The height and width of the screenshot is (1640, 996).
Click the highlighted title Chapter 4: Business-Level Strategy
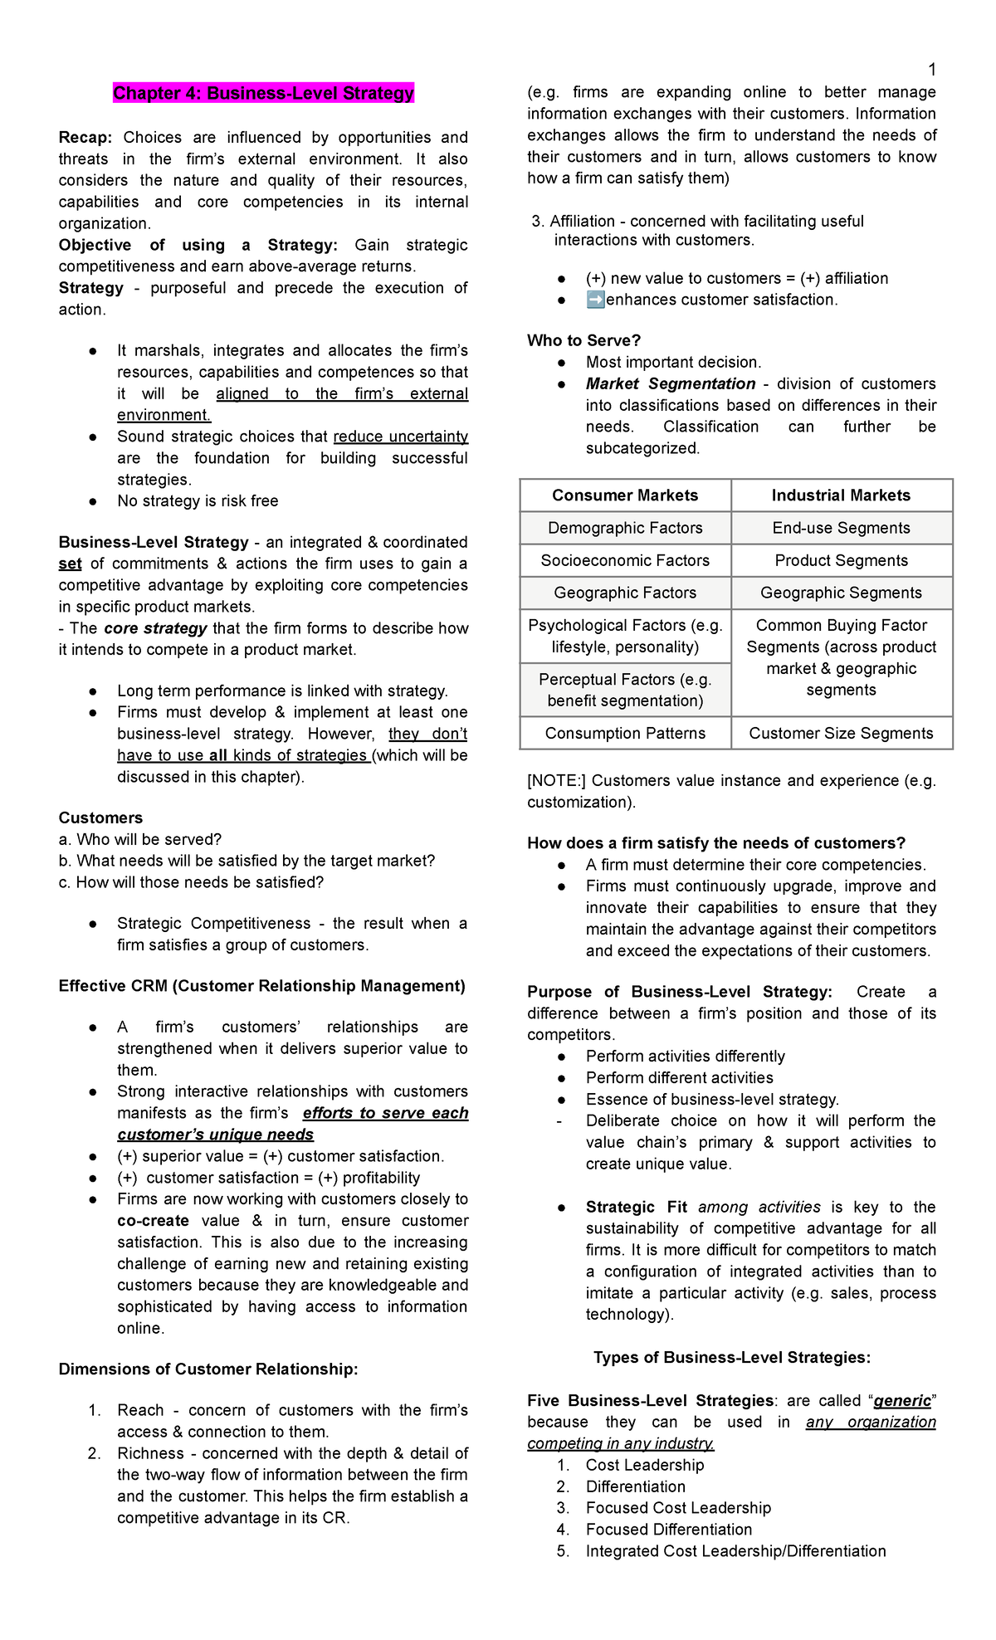click(x=263, y=93)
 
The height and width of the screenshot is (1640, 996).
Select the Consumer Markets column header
click(x=625, y=495)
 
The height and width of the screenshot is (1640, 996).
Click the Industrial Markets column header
click(x=841, y=495)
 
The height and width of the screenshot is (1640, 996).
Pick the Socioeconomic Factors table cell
click(x=625, y=560)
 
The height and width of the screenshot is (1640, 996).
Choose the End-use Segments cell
click(x=841, y=528)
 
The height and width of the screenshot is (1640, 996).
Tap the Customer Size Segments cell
click(x=841, y=733)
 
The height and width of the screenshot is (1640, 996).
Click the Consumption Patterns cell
click(x=625, y=733)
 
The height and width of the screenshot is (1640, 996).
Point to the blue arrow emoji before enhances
click(x=595, y=300)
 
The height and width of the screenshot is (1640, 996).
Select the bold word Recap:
click(x=85, y=138)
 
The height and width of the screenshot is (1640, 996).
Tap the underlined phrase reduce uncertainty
click(x=400, y=437)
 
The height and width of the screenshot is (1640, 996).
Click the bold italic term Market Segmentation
click(x=670, y=383)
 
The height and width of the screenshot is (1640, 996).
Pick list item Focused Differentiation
click(x=668, y=1529)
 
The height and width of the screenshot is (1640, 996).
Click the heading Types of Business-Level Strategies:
click(x=731, y=1358)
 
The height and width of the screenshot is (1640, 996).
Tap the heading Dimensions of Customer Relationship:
click(x=207, y=1369)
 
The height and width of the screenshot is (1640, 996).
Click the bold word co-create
click(x=153, y=1221)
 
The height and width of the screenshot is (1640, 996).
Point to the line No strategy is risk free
click(x=198, y=501)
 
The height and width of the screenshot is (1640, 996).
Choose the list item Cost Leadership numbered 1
click(x=644, y=1465)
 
